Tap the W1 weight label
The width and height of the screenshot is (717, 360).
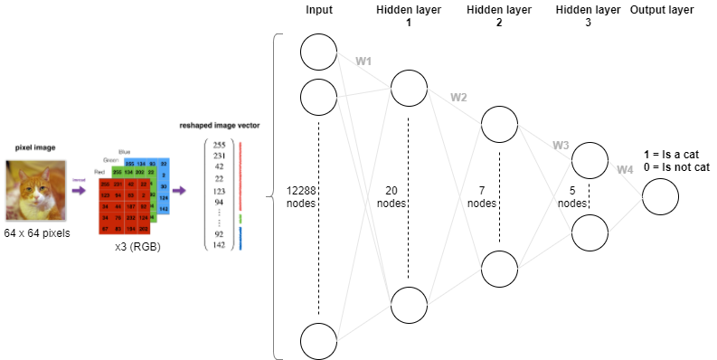[x=363, y=62]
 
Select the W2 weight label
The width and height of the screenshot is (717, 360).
[x=459, y=97]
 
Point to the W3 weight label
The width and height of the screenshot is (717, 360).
[x=561, y=145]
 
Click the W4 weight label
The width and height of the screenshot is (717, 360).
[x=625, y=170]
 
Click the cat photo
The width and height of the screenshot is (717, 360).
[x=35, y=190]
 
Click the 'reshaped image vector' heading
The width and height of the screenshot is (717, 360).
[x=220, y=125]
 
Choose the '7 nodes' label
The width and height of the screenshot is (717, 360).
[x=483, y=196]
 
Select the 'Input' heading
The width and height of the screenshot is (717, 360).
[x=319, y=11]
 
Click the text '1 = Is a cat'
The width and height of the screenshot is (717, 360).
[x=670, y=154]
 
